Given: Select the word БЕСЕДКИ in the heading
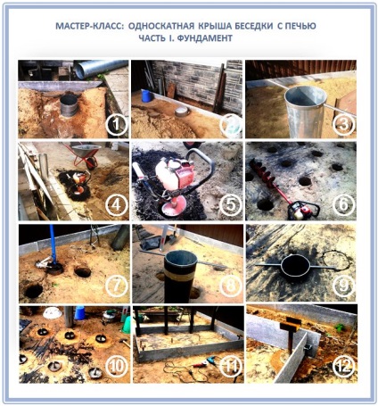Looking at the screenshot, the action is (x=254, y=26).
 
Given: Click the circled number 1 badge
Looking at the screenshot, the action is (x=117, y=125).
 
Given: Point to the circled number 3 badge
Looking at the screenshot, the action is (x=344, y=125).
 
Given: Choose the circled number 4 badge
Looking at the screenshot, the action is (x=117, y=205).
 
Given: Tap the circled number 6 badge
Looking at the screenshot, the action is (x=344, y=205).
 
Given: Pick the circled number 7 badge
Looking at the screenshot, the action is (x=117, y=286).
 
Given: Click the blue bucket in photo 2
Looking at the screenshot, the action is (x=147, y=96).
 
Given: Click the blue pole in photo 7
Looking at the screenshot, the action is (x=53, y=243).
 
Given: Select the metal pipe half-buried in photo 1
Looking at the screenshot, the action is (x=69, y=105).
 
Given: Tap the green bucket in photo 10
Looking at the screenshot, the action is (x=126, y=325).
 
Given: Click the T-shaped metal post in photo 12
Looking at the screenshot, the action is (x=291, y=334).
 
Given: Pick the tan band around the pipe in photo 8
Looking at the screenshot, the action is (x=181, y=275).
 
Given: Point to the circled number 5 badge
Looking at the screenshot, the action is (x=231, y=205).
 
